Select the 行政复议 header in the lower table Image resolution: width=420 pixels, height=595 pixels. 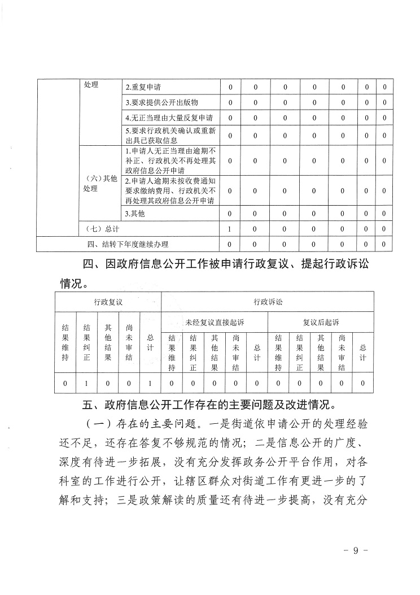(x=108, y=302)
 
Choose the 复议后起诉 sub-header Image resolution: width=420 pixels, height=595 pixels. (x=321, y=322)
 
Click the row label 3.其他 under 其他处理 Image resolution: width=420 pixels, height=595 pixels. (x=135, y=214)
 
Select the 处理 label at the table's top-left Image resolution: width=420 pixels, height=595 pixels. (x=91, y=85)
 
